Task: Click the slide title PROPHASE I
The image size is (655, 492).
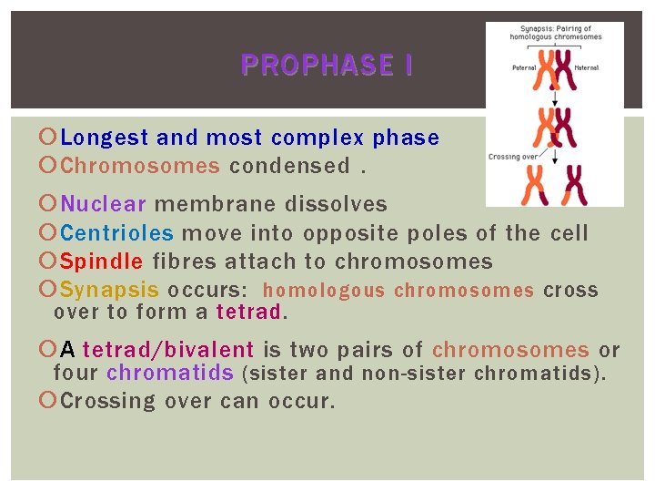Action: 327,66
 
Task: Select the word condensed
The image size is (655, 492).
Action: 289,166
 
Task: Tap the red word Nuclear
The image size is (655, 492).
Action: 103,204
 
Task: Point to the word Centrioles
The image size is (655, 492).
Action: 117,233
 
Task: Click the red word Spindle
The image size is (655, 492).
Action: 102,261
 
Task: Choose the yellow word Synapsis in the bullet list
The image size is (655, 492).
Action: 109,291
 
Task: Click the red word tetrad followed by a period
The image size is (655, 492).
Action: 248,313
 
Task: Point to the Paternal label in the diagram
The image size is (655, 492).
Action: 525,67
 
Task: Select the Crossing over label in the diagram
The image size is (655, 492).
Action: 511,157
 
